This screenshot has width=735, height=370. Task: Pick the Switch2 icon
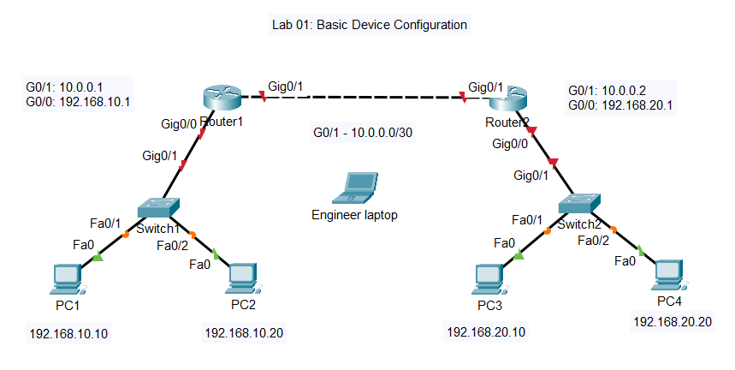click(x=578, y=203)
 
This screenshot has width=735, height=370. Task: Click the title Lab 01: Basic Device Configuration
click(x=368, y=25)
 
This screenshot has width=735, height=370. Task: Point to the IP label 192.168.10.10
click(x=69, y=334)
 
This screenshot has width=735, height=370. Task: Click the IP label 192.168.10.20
click(x=244, y=331)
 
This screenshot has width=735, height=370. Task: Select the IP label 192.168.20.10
click(x=486, y=331)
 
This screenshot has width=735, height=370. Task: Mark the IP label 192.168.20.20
click(x=672, y=322)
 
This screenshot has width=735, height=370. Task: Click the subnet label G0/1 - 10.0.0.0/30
click(x=365, y=133)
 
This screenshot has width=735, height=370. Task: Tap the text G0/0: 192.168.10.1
click(x=78, y=101)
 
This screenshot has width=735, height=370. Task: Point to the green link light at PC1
click(x=98, y=255)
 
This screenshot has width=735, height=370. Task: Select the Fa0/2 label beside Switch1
click(x=173, y=246)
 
